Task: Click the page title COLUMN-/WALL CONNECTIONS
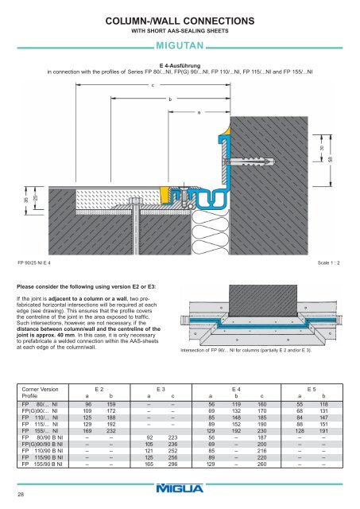[x=180, y=19]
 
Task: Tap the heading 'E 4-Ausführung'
[x=180, y=64]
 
